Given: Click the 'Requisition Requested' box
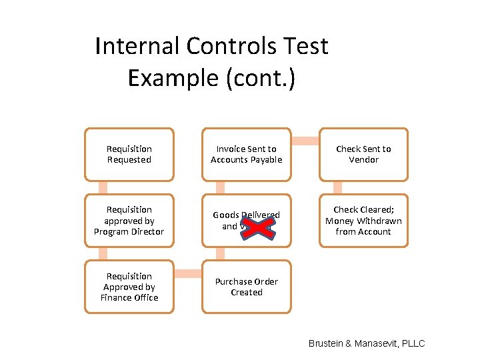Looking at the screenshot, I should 129,155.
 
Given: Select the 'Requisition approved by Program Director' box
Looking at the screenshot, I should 129,221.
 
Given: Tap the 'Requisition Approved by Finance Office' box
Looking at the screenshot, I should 129,287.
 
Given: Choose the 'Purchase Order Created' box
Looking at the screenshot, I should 247,287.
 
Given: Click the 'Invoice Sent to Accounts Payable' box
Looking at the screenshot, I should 247,155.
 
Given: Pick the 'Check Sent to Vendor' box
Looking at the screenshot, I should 363,155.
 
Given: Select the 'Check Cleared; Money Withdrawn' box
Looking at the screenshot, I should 363,221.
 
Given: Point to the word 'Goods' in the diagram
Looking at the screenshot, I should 226,215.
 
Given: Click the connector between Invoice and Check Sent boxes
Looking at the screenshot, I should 305,141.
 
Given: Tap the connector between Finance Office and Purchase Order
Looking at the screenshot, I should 187,273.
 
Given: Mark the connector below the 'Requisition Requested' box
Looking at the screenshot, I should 103,187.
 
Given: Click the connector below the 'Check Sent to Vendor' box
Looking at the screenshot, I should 337,187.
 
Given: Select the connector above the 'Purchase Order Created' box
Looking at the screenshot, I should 221,253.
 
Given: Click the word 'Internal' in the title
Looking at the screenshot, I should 137,47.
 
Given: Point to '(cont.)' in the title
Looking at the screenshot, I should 260,78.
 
